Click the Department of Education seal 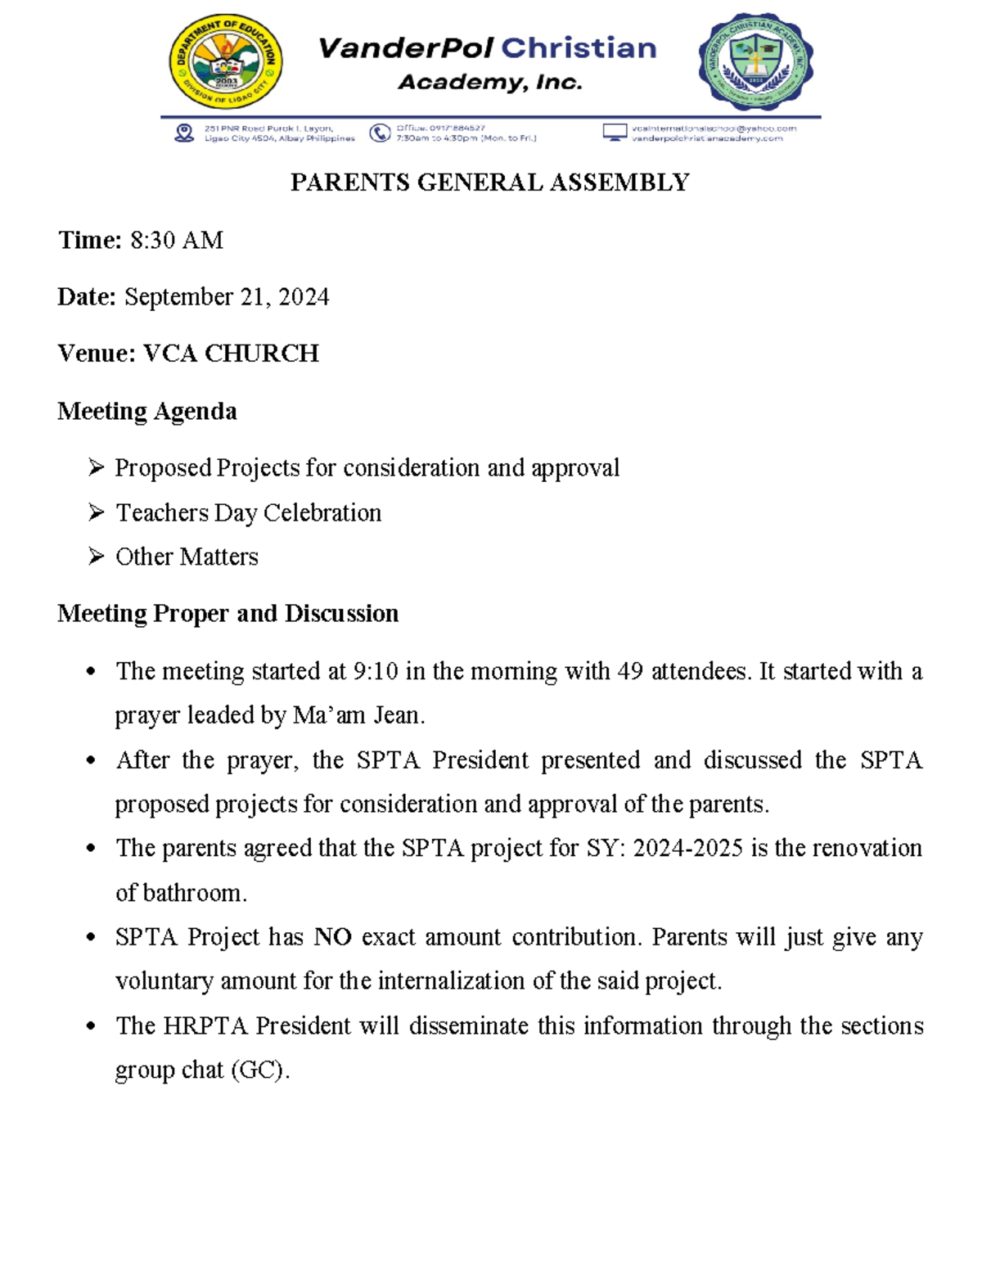tap(226, 62)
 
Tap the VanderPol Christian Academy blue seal tap(755, 62)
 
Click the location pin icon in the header tap(184, 133)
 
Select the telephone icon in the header tap(380, 133)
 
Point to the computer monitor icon tap(615, 133)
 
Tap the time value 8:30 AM tap(177, 240)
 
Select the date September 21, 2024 tap(227, 296)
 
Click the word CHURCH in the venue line tap(261, 353)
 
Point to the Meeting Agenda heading tap(147, 411)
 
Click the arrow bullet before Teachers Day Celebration tap(97, 512)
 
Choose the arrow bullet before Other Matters tap(97, 557)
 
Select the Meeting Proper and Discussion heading tap(227, 613)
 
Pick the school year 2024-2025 tap(688, 848)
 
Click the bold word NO tap(333, 936)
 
